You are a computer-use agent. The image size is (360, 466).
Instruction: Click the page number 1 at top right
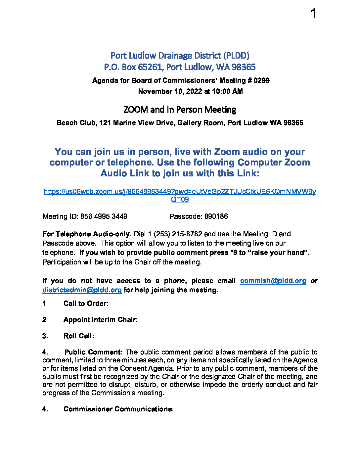pos(313,14)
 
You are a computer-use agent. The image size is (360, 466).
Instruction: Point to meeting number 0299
pos(261,80)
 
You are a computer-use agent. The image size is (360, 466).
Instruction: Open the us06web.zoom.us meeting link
pos(180,192)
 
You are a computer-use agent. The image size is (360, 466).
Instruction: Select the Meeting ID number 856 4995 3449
pos(104,216)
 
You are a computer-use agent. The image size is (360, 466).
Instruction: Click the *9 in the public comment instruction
pos(234,253)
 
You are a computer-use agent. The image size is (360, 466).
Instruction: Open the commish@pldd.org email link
pos(273,281)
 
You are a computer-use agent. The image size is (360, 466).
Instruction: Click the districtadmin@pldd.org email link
pos(82,290)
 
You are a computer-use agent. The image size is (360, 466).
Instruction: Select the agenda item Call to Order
pos(85,303)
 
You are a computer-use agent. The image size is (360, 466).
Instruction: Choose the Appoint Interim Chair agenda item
pos(100,320)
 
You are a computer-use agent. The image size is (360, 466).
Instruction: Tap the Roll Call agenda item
pos(78,336)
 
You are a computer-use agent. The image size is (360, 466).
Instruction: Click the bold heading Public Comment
pos(93,352)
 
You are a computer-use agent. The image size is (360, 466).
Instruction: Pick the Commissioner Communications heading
pos(117,409)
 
